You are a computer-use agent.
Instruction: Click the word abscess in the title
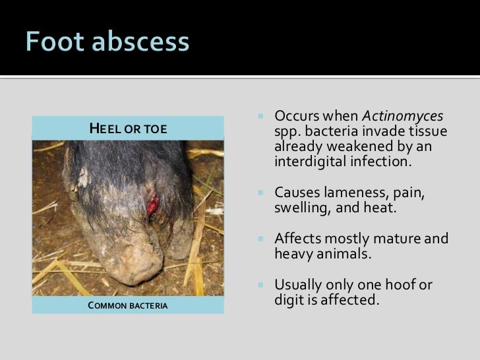click(140, 44)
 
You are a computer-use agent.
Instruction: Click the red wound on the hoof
click(153, 207)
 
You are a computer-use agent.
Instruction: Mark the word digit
click(288, 301)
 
